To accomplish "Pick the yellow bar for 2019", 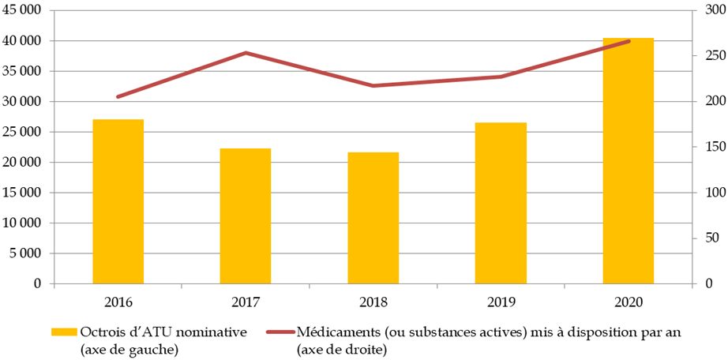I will click(x=501, y=203).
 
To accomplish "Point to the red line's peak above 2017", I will click(x=246, y=53).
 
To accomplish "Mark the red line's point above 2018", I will click(x=373, y=86).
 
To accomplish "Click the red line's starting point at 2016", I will click(x=118, y=97).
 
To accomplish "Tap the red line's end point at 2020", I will click(x=629, y=41).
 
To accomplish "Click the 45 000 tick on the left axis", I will click(x=25, y=10).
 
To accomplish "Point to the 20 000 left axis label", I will click(x=25, y=163).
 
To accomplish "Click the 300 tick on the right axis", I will click(x=703, y=10).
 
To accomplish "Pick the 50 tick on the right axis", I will click(x=700, y=238).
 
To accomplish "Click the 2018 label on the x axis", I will click(x=373, y=302).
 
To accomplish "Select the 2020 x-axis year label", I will click(x=628, y=302).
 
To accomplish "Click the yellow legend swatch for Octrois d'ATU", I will click(x=64, y=332).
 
